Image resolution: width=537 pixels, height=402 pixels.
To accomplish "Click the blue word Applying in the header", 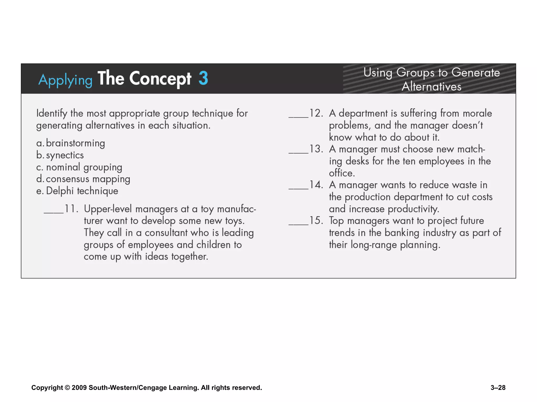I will tap(65, 80).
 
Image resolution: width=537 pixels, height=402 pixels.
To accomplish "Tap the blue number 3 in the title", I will tap(203, 78).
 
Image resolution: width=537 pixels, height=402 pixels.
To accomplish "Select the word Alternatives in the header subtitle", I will tap(431, 87).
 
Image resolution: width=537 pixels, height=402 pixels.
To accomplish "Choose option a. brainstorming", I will tap(71, 143).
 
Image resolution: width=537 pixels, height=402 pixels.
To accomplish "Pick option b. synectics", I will tap(60, 155).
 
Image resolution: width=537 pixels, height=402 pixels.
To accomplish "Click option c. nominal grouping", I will tap(79, 167).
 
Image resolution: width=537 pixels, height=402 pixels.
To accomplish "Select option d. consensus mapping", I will tap(83, 179).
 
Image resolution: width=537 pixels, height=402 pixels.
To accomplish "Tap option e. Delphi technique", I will tap(77, 191).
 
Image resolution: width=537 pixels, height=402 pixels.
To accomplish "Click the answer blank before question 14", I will tap(298, 188).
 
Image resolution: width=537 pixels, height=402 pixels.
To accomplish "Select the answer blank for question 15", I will tap(298, 224).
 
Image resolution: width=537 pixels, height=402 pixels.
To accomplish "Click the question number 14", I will tap(316, 185).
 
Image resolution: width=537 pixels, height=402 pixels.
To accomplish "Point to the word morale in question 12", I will tap(477, 113).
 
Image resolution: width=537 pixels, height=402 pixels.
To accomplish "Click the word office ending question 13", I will tap(342, 173).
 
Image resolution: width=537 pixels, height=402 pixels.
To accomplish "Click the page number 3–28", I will tap(498, 388).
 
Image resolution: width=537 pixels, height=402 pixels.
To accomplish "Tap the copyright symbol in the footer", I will tap(67, 388).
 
